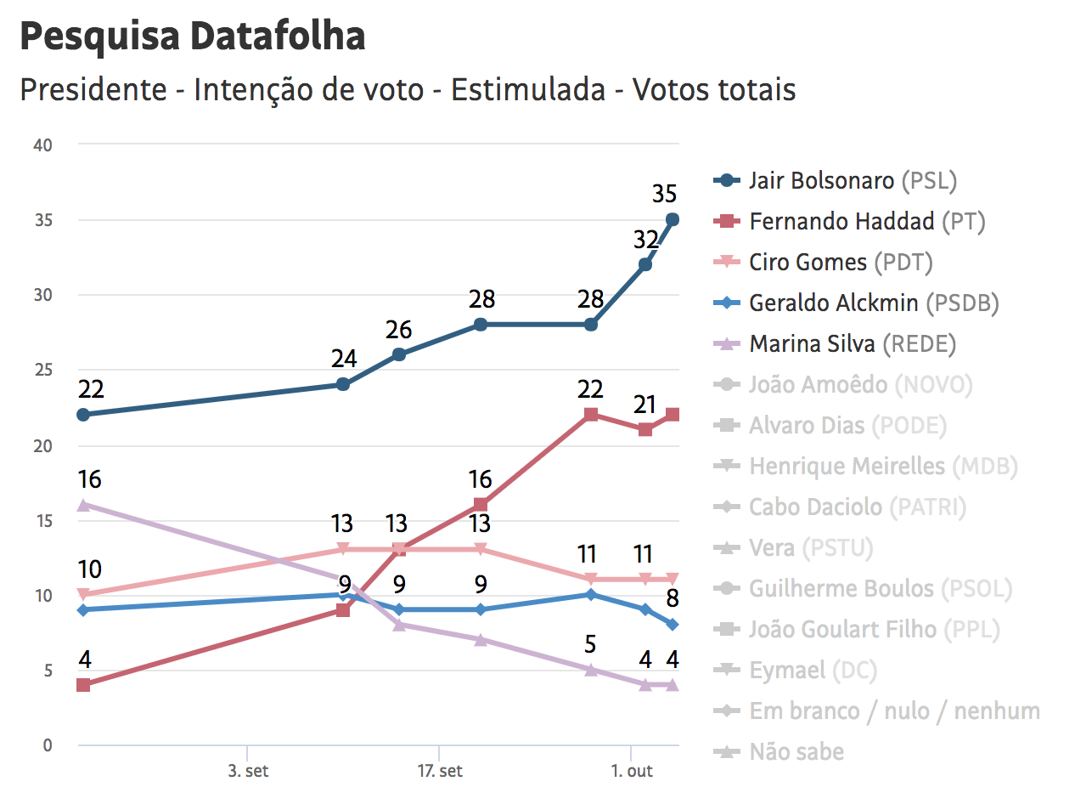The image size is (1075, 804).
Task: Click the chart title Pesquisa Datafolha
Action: pos(192,37)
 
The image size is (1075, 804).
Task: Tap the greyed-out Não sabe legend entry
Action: pos(796,752)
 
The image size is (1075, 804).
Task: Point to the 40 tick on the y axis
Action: pos(42,145)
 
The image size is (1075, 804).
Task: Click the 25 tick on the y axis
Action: pos(42,371)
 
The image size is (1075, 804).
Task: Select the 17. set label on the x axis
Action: pos(439,772)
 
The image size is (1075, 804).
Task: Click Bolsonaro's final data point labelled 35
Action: pos(673,219)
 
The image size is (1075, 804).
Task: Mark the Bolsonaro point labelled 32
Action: pos(645,264)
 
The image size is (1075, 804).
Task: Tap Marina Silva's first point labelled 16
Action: pos(83,505)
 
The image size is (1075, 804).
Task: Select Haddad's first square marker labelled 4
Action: pos(83,685)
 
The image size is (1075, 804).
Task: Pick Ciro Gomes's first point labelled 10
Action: pos(83,595)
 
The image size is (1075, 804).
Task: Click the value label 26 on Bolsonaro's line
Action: pos(398,328)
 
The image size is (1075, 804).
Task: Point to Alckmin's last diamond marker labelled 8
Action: pos(673,625)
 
